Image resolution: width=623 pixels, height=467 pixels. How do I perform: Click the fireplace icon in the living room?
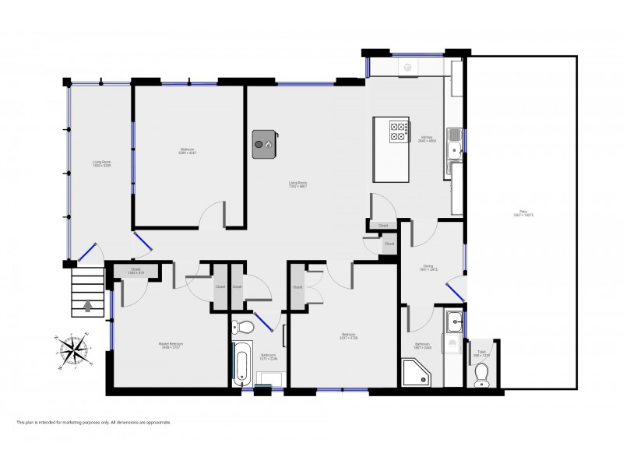point(265,144)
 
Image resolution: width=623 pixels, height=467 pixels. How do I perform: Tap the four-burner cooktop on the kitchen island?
point(399,131)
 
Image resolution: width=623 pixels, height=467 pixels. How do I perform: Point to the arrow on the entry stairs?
point(86,306)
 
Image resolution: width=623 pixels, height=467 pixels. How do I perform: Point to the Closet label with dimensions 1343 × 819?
point(136,272)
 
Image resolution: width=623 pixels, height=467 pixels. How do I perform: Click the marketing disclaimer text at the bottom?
point(93,423)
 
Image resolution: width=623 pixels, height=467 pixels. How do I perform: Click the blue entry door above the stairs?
point(86,252)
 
